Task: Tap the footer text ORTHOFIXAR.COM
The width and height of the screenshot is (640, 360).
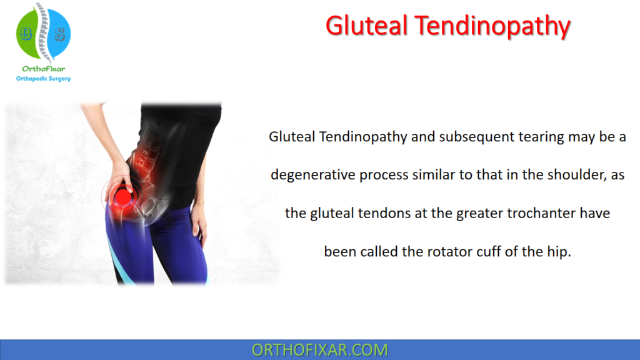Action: [x=319, y=350]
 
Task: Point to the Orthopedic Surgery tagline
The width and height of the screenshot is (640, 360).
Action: [x=43, y=79]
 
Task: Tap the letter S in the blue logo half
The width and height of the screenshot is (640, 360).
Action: [x=60, y=34]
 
